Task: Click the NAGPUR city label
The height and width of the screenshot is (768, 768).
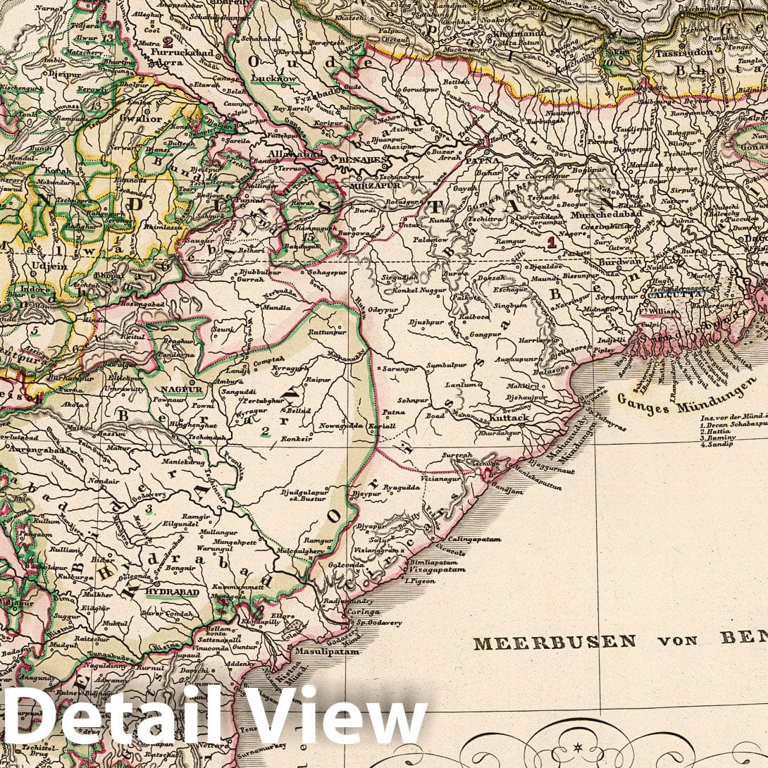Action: coord(182,388)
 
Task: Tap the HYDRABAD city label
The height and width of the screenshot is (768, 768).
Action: coord(172,593)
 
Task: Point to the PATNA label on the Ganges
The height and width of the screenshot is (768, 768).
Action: coord(485,160)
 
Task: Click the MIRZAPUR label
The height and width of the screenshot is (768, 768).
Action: coord(371,187)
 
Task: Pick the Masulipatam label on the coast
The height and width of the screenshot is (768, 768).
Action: coord(327,652)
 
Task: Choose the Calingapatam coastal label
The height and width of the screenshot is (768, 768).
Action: coord(473,540)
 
